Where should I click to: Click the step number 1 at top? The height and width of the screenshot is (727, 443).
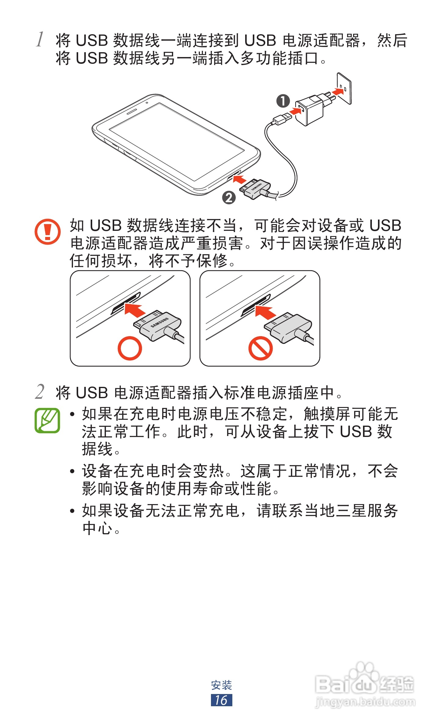(x=40, y=39)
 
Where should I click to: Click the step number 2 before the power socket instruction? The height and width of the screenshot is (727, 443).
(x=40, y=392)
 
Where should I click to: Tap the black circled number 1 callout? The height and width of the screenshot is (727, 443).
(x=283, y=101)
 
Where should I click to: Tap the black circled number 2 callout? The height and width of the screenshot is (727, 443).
(x=229, y=198)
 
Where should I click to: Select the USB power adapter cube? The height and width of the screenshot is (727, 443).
(x=310, y=110)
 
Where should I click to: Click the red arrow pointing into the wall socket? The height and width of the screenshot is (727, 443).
(x=337, y=92)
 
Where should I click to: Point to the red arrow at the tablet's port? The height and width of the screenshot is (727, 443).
(x=240, y=179)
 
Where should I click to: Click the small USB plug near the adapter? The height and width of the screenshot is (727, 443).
(x=282, y=118)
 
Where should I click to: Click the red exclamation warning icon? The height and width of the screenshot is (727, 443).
(x=47, y=231)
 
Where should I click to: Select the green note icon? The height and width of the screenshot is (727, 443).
(x=47, y=420)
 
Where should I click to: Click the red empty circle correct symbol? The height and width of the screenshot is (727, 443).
(x=130, y=348)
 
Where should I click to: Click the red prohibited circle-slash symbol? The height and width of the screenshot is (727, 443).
(x=260, y=348)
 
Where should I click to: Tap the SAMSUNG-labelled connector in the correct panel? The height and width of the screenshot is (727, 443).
(x=159, y=325)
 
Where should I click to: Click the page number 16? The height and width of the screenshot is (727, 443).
(x=221, y=700)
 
